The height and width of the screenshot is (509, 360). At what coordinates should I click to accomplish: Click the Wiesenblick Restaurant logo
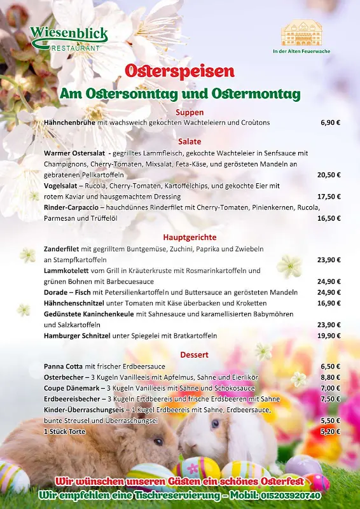coord(69,38)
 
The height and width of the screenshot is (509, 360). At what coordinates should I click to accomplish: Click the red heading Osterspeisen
coord(180,71)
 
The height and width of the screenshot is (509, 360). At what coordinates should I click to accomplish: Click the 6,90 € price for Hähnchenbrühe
coord(330,122)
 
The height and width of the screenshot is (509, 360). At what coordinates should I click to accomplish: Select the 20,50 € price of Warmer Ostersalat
coord(329,174)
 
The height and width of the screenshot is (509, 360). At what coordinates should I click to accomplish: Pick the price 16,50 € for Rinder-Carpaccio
coord(329,218)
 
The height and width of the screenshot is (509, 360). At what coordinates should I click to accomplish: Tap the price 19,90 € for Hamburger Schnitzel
coord(329,336)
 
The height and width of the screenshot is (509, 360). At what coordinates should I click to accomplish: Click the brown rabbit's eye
coord(157,442)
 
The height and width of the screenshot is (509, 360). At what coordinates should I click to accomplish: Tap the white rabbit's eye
coord(216,424)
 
